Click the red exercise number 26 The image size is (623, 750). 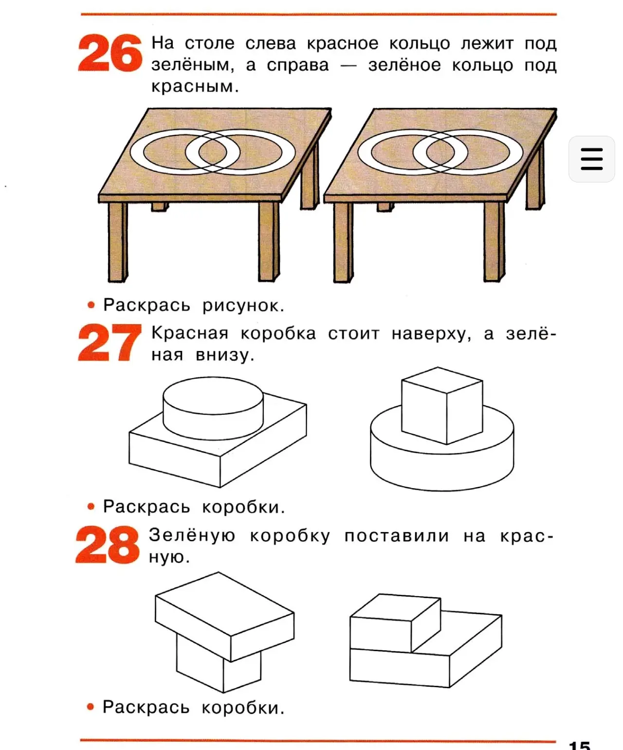tap(110, 53)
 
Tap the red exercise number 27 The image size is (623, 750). tap(110, 342)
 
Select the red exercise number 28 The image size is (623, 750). tap(108, 545)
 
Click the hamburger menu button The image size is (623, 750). tap(591, 159)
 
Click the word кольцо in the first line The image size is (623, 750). tap(420, 43)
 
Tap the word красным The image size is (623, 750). tap(195, 87)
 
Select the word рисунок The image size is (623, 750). tap(243, 306)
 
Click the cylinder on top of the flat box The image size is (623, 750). tap(213, 408)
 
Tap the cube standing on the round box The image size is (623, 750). tap(442, 405)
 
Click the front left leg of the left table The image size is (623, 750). tap(118, 242)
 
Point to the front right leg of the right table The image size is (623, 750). tap(494, 241)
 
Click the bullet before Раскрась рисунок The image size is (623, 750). tap(91, 305)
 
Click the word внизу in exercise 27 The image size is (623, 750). tap(225, 355)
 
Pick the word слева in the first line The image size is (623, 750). tap(271, 43)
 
